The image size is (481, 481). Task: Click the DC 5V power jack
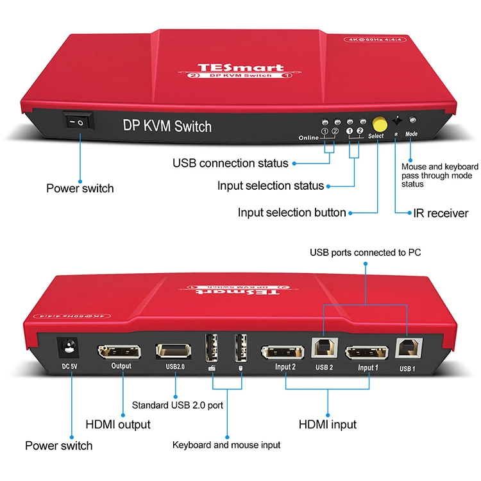pos(67,350)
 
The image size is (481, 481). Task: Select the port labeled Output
pos(121,352)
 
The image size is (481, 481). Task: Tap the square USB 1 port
pos(406,349)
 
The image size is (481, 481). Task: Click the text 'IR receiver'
pos(439,213)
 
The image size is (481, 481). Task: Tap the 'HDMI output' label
pos(118,425)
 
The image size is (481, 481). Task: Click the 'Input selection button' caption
pos(292,212)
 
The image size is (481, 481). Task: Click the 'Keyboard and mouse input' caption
pos(226,444)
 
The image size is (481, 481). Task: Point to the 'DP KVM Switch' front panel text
pos(167,126)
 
